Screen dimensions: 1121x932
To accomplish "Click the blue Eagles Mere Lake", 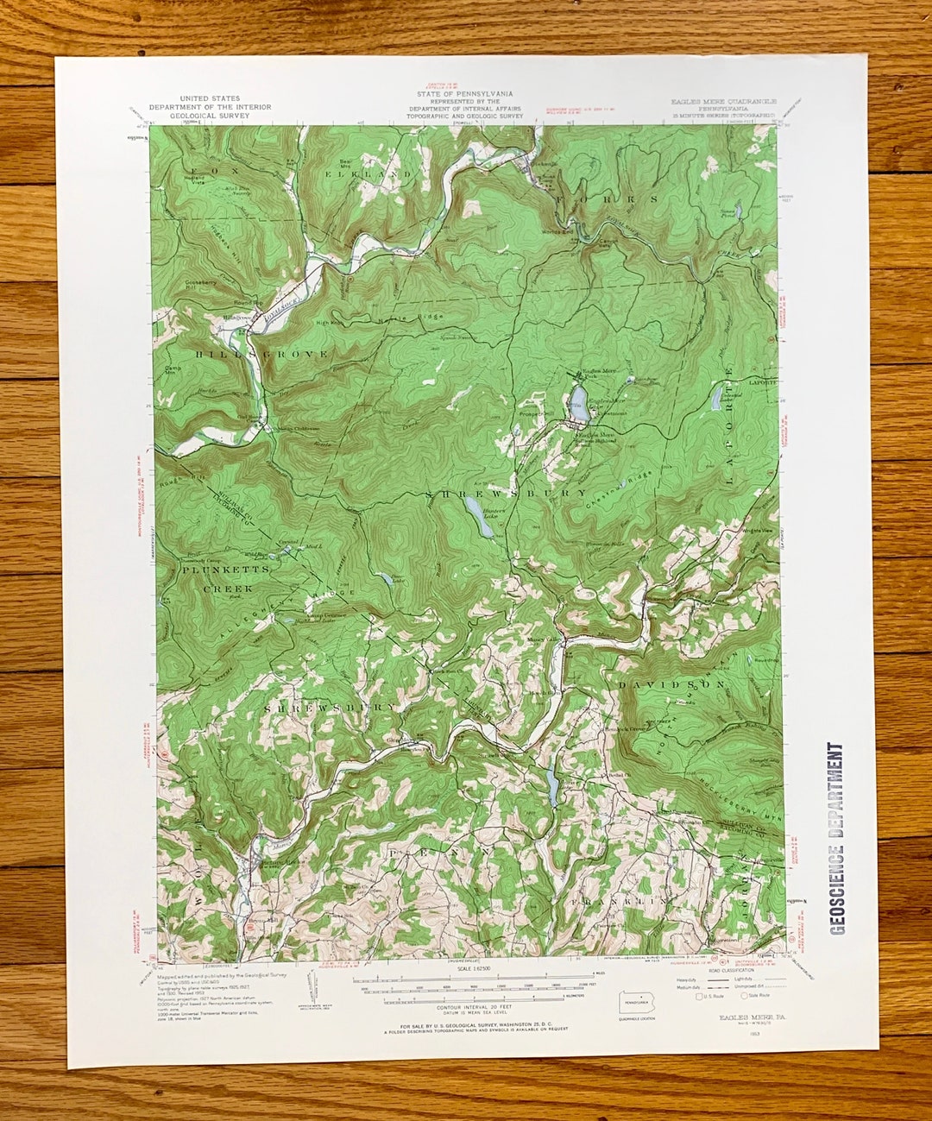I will click(x=577, y=402).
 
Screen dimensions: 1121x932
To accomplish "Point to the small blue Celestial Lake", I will click(x=715, y=398).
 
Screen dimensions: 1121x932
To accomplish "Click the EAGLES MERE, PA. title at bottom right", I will click(x=746, y=1017).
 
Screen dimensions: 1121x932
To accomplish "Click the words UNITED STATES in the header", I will click(x=210, y=99).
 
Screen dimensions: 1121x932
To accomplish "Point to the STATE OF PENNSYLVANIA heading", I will click(x=464, y=94).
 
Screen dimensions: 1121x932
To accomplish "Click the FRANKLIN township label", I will click(x=619, y=899).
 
